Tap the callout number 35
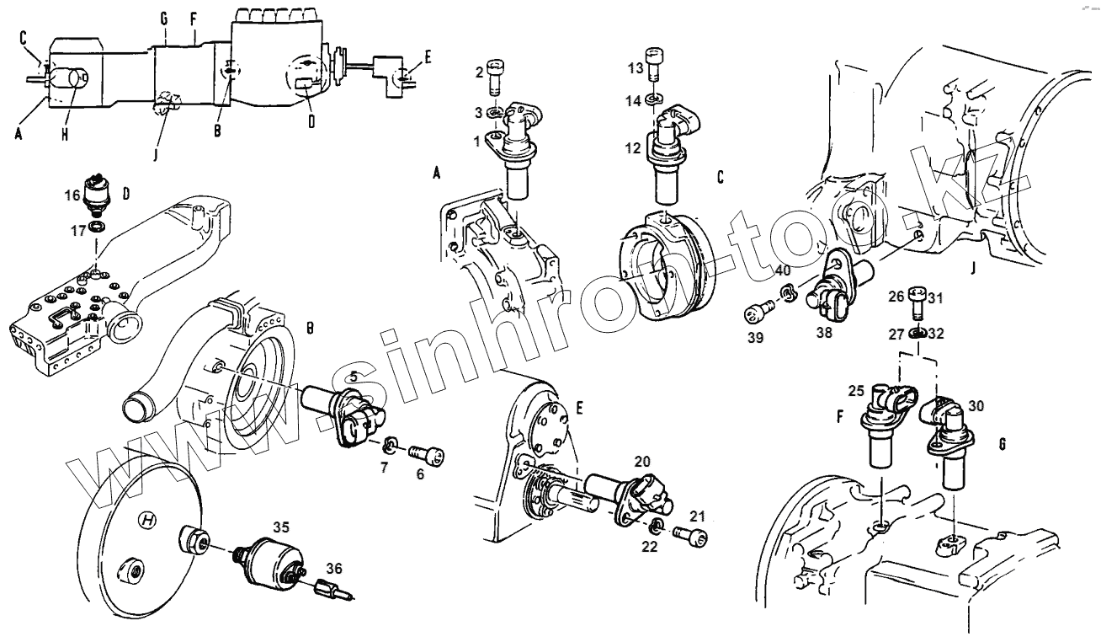280,527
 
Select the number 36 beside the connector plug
333,569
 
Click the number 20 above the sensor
642,462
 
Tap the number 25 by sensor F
855,391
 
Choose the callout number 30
976,404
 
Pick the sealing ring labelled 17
98,227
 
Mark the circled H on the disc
148,522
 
